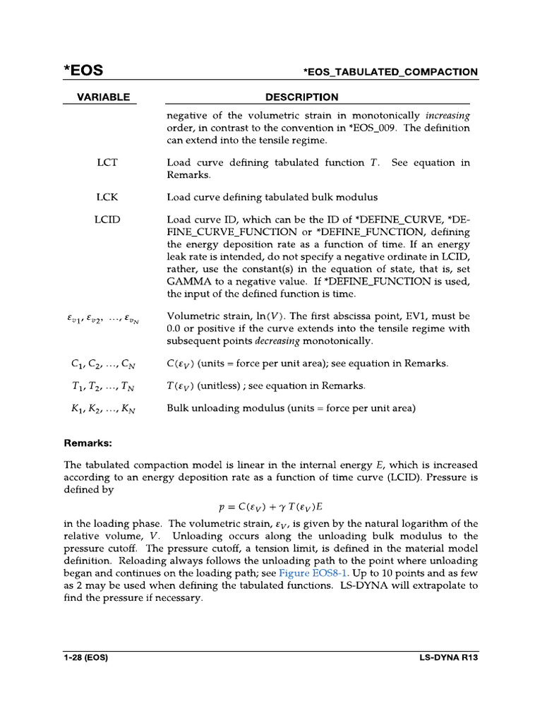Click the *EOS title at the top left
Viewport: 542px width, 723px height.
83,71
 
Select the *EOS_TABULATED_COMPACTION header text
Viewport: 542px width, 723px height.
390,72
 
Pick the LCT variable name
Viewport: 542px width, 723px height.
107,162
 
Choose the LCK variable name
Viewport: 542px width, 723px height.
107,197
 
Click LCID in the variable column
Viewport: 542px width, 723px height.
107,220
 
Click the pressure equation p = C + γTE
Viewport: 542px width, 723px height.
270,507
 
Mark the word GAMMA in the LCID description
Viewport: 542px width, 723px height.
189,282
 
